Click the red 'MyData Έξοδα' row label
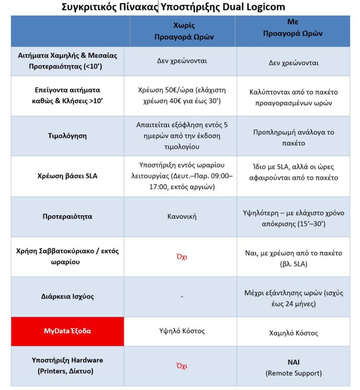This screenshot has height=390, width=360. pyautogui.click(x=67, y=331)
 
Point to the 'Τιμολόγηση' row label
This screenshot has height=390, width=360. pyautogui.click(x=67, y=136)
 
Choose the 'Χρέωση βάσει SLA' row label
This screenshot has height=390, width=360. pyautogui.click(x=67, y=176)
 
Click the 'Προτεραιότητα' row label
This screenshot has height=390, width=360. pyautogui.click(x=67, y=217)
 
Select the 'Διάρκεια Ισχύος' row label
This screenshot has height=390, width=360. pyautogui.click(x=67, y=297)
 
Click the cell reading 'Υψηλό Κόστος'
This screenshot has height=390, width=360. pyautogui.click(x=182, y=331)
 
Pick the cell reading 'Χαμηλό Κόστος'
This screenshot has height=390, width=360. pyautogui.click(x=293, y=333)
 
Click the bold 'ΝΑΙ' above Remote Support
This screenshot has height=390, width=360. pyautogui.click(x=293, y=362)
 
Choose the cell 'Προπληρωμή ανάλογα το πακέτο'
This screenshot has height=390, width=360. pyautogui.click(x=293, y=137)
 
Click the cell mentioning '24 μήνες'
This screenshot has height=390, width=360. pyautogui.click(x=293, y=298)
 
